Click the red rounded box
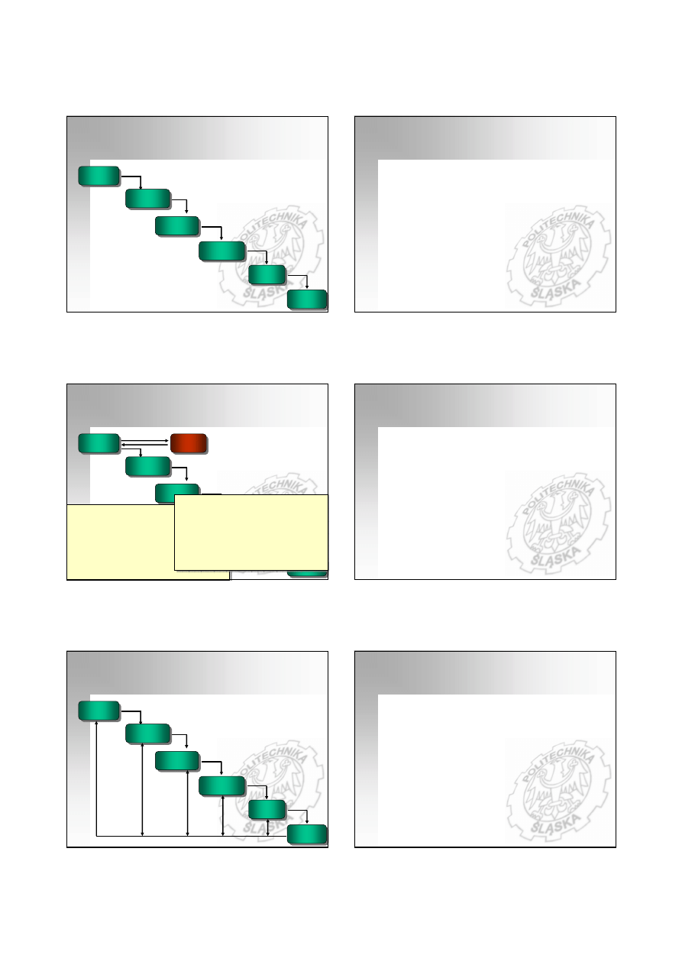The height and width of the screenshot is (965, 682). (x=189, y=443)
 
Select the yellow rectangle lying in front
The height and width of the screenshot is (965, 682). (x=251, y=533)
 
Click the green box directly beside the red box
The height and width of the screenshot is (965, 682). (x=99, y=443)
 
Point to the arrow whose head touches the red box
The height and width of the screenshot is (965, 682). (x=144, y=441)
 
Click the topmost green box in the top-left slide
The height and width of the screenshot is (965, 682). (x=99, y=176)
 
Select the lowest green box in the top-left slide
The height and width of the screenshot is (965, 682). (x=307, y=300)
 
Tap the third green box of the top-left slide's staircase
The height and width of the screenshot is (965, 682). (x=177, y=226)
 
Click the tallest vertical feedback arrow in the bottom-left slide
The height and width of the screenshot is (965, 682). (x=96, y=779)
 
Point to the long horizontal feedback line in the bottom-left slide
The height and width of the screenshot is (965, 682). (x=192, y=836)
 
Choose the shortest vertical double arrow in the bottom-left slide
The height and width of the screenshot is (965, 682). (x=268, y=827)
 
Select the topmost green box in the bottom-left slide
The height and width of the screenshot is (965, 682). (x=99, y=711)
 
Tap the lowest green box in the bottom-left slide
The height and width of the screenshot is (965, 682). (x=307, y=834)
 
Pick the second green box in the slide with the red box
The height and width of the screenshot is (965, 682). (x=147, y=467)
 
